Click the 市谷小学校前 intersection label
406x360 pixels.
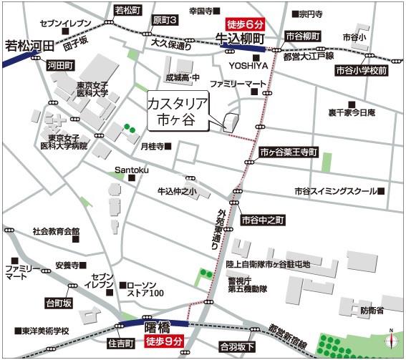362,71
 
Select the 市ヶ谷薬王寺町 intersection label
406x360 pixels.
288,152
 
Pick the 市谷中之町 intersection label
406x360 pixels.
263,220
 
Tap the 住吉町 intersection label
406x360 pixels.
121,344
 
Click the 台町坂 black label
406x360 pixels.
58,302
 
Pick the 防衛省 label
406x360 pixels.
372,310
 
